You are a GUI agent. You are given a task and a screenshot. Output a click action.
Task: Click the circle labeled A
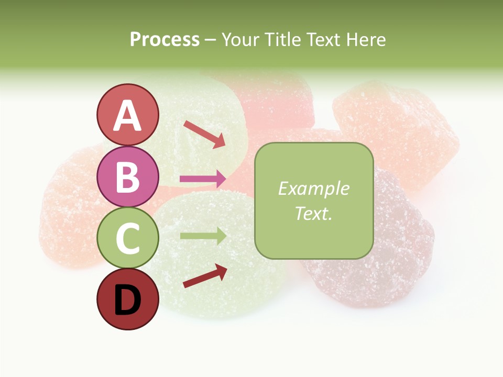click(x=128, y=115)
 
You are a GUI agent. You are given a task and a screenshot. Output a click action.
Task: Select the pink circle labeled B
click(x=128, y=176)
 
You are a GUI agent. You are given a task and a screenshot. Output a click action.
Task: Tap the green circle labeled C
click(x=128, y=238)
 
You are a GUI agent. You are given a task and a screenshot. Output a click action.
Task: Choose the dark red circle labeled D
click(x=128, y=299)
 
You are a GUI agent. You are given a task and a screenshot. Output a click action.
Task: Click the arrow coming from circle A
click(x=204, y=134)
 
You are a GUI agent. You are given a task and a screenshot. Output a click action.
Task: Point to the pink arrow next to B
click(x=203, y=179)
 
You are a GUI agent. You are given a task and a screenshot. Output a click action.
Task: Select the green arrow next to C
click(x=203, y=236)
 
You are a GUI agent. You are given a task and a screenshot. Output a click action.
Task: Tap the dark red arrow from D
click(x=205, y=276)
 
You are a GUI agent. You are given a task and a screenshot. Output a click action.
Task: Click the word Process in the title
click(x=165, y=40)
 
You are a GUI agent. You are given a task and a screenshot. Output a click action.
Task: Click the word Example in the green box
click(x=313, y=188)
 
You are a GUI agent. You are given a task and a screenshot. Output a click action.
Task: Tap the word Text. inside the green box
click(x=313, y=213)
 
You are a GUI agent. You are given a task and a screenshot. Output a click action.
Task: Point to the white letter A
click(x=128, y=116)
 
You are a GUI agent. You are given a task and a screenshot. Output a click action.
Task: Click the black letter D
click(x=128, y=301)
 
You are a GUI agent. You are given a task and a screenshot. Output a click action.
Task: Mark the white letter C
click(x=128, y=239)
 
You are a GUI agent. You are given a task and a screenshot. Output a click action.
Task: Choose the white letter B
click(x=128, y=178)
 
